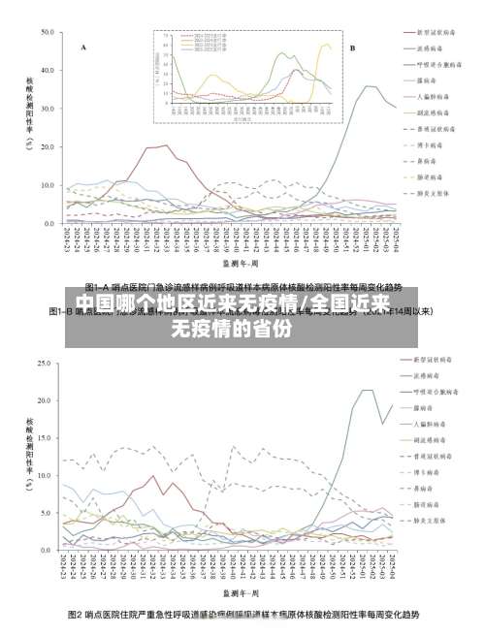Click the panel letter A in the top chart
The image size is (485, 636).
(83, 47)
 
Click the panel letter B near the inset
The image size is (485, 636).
(352, 47)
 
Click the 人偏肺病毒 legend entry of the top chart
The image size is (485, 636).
(432, 95)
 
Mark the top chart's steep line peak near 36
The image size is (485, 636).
(369, 86)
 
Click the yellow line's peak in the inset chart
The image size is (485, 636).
(326, 44)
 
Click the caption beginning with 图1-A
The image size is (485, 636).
(242, 287)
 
